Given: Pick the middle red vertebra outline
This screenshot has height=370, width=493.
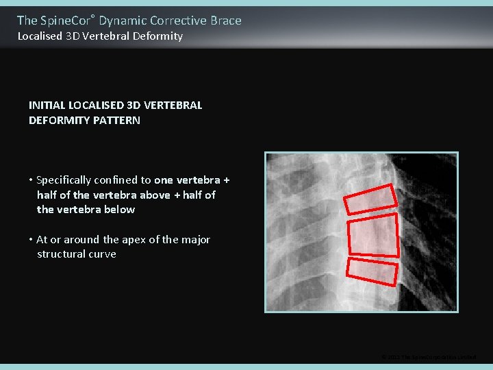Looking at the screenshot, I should pos(373,235).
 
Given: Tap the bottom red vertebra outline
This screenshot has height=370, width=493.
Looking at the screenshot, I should pos(372,271).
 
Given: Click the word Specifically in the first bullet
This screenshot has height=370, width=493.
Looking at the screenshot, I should pos(66,180).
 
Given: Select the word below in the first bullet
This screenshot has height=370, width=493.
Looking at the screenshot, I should pos(119,210).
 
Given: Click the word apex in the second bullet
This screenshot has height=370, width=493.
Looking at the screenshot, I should pos(134,240).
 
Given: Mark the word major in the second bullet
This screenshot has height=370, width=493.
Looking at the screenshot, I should pos(195,240).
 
